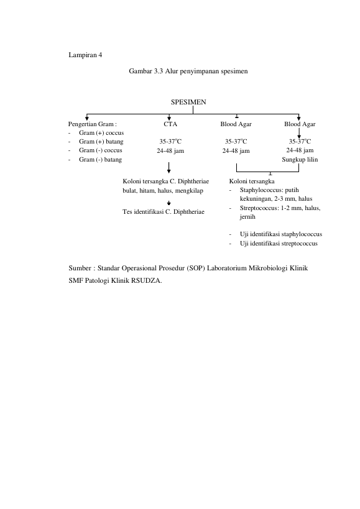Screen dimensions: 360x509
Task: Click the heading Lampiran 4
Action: tap(85, 55)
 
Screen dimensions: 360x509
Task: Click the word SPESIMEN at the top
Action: tap(188, 102)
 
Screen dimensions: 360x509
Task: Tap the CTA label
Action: tap(170, 124)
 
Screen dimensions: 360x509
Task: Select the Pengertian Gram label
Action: tap(92, 124)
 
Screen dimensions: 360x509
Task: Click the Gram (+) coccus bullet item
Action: tap(101, 133)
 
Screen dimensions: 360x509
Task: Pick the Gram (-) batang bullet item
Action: tap(100, 159)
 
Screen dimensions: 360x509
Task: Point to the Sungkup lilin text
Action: tap(300, 159)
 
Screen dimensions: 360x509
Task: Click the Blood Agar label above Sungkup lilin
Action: tap(300, 124)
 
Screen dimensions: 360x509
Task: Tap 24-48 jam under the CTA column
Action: tap(170, 150)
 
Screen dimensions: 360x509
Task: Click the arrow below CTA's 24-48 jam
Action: tap(168, 168)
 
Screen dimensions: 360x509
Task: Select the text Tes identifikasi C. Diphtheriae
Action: tap(164, 212)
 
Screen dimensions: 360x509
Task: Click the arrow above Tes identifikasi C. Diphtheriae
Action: tap(168, 203)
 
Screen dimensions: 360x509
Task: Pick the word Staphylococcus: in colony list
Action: tap(261, 190)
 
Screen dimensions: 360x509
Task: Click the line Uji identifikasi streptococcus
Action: tap(279, 244)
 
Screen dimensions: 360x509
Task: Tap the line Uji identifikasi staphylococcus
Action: tap(281, 234)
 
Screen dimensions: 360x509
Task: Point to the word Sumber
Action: tap(80, 268)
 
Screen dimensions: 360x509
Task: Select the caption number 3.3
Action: tap(158, 71)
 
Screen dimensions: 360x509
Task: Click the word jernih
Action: tap(247, 217)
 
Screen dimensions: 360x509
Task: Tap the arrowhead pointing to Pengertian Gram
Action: tap(86, 119)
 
